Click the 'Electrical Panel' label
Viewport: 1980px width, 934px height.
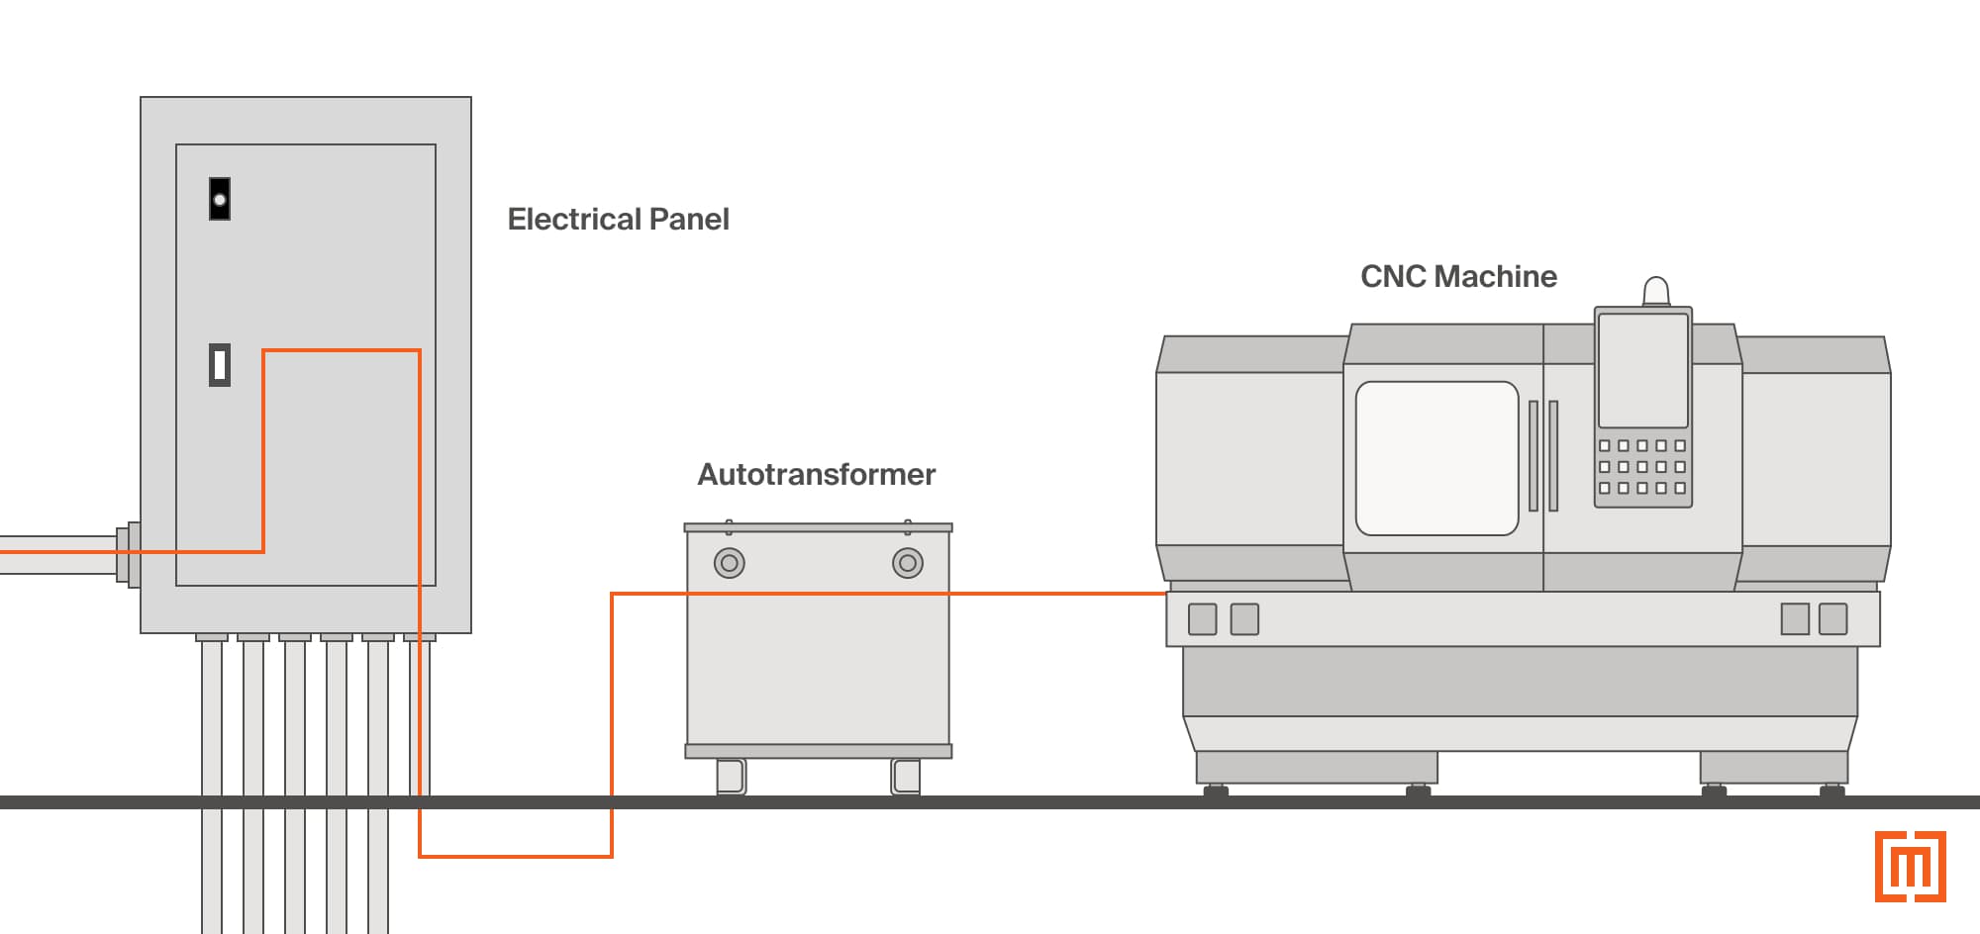click(618, 219)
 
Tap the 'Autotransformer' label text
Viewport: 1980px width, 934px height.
click(816, 474)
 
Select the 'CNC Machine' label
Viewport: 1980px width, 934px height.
click(1457, 276)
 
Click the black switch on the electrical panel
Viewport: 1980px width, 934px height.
click(220, 199)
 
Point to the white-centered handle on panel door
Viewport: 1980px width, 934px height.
click(220, 364)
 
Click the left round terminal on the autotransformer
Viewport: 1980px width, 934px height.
click(730, 563)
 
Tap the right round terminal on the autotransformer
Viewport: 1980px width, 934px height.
click(907, 563)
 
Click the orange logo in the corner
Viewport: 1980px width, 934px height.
click(1910, 867)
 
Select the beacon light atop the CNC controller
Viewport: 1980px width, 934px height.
click(1655, 292)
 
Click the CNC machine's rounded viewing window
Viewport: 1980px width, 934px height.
click(1436, 458)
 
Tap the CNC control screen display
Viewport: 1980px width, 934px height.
click(1642, 370)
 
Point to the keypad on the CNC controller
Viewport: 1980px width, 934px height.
click(1642, 467)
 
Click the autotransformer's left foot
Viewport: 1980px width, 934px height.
click(731, 777)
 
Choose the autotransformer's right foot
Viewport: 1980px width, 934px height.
click(906, 777)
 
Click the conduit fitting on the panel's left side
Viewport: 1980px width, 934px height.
click(128, 553)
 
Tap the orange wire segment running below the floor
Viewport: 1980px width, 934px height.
click(515, 856)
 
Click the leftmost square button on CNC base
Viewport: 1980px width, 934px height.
click(1202, 619)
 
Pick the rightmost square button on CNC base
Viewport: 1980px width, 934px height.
click(1832, 619)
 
